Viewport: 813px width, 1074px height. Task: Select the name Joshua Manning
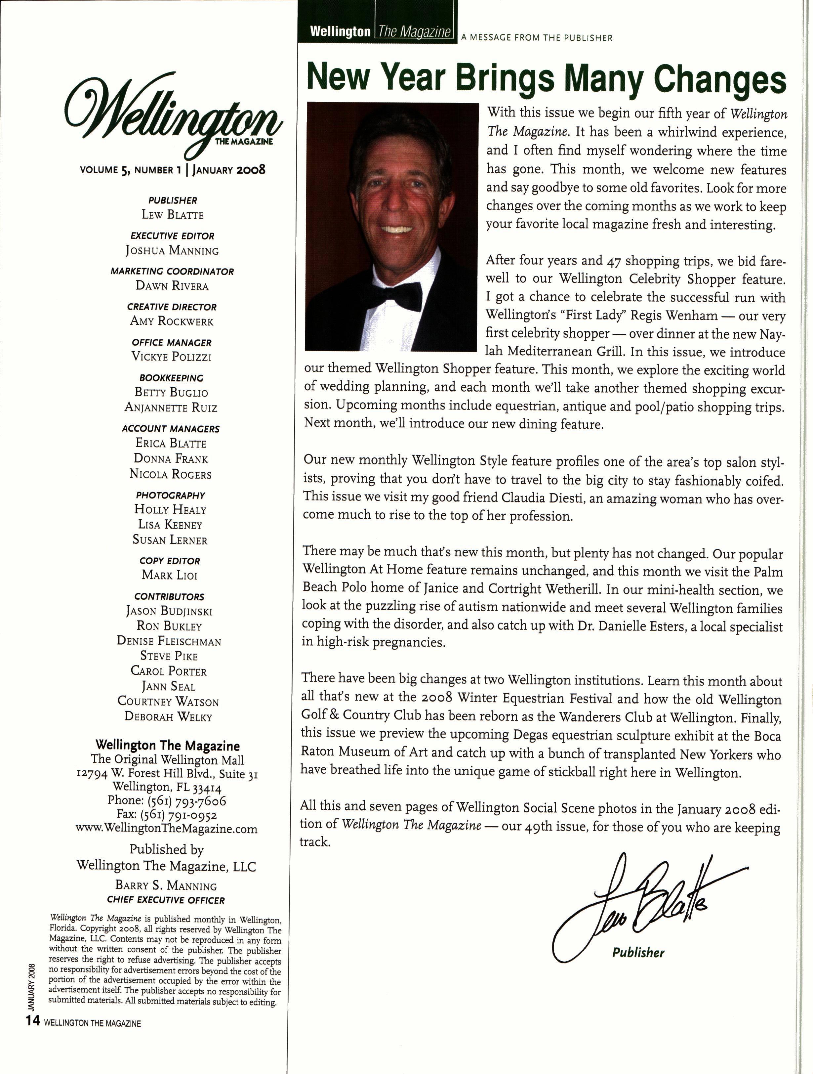[172, 250]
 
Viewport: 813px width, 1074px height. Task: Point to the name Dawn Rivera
[172, 286]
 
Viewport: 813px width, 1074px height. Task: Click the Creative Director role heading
[172, 307]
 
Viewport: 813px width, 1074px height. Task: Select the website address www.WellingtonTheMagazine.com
[167, 829]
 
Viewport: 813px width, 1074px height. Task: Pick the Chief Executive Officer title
[166, 900]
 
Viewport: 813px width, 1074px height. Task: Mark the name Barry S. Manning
[166, 885]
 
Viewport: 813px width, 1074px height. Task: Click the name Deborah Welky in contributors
[168, 717]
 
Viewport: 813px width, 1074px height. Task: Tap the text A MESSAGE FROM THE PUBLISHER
[537, 38]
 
